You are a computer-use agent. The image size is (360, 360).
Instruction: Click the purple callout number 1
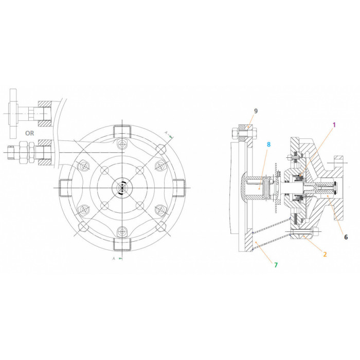point(334,125)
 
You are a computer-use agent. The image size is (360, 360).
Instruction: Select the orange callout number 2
point(325,254)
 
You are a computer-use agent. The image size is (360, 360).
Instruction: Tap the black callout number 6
point(346,237)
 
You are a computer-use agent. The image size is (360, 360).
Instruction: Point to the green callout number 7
point(276,265)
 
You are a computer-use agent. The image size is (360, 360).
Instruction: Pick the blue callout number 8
point(268,145)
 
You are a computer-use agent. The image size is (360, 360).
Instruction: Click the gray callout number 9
point(256,111)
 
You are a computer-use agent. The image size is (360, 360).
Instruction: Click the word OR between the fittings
point(30,133)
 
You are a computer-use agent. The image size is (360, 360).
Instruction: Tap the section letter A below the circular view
point(114,259)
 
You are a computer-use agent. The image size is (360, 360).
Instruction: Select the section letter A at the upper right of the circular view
point(166,133)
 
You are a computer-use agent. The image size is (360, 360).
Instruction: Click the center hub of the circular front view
point(122,188)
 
